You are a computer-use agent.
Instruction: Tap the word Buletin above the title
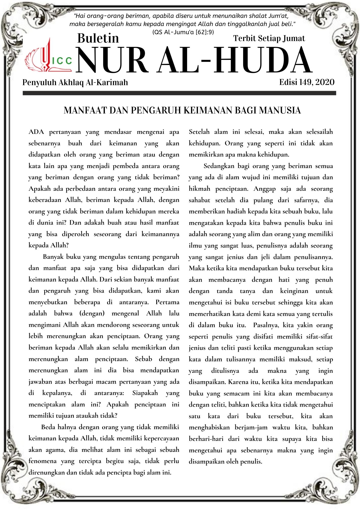[x=98, y=38]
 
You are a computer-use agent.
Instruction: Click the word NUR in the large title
[x=112, y=61]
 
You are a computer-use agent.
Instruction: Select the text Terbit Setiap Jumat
[x=269, y=38]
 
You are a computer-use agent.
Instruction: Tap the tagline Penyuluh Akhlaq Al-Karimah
[x=75, y=82]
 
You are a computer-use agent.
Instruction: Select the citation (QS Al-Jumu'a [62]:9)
[x=183, y=32]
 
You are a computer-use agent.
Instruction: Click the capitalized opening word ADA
[x=36, y=132]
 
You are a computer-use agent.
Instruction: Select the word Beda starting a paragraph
[x=48, y=427]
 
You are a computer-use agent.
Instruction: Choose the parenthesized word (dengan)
[x=92, y=313]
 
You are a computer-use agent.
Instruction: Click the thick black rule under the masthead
[x=179, y=93]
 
